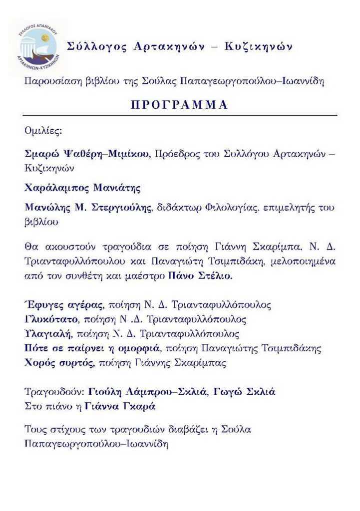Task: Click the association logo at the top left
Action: (38, 48)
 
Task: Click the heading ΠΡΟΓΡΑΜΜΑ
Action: (179, 105)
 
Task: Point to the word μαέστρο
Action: (148, 275)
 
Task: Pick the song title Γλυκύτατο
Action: (50, 319)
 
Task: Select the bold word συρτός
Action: (75, 363)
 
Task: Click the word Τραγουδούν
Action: (53, 392)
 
